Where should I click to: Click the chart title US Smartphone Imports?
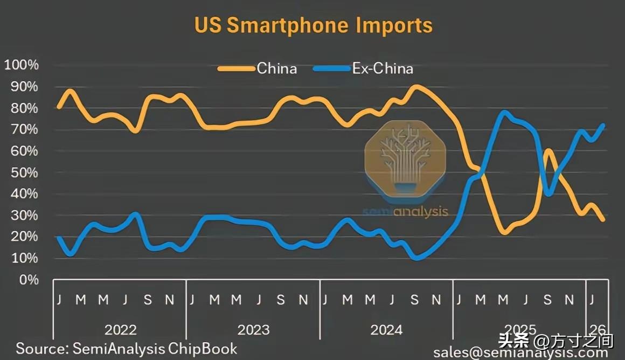click(x=313, y=25)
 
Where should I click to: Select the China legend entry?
click(x=276, y=68)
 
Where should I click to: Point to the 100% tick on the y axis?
click(x=22, y=65)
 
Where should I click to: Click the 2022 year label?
click(x=120, y=329)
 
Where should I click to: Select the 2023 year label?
click(x=253, y=329)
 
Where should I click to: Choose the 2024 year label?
click(x=387, y=329)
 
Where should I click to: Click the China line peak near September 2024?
click(x=415, y=86)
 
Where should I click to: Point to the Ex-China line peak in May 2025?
click(x=504, y=113)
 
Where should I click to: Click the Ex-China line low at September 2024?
click(x=415, y=259)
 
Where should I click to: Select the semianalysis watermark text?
click(x=405, y=211)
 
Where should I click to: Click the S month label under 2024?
click(x=414, y=300)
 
